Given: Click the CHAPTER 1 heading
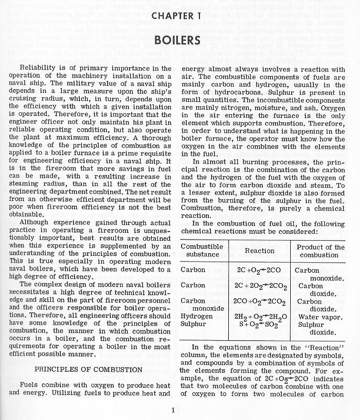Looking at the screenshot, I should point(179,16).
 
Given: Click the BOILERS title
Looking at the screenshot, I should point(179,40).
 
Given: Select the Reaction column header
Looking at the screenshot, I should point(259,251).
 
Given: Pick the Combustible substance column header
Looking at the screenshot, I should point(202,251).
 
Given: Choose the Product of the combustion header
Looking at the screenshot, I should point(321,251).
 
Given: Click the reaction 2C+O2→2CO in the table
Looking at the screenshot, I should point(259,271).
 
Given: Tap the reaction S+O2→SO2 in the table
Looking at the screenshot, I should point(259,324).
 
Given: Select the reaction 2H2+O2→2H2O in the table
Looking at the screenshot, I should point(259,317).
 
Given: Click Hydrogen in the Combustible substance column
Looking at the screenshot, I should point(196,316).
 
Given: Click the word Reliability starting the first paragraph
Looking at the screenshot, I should point(37,69).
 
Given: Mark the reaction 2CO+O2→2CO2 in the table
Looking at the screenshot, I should point(259,301).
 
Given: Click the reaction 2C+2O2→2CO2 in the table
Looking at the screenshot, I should point(259,286).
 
